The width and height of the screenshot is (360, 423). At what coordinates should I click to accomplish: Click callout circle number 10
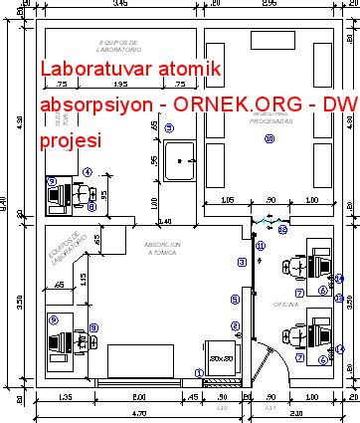click(269, 138)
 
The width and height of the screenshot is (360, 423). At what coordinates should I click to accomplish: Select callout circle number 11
click(261, 245)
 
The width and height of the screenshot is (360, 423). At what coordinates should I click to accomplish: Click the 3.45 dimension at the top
click(120, 5)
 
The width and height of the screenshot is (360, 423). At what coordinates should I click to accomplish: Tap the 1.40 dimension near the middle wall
click(165, 221)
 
